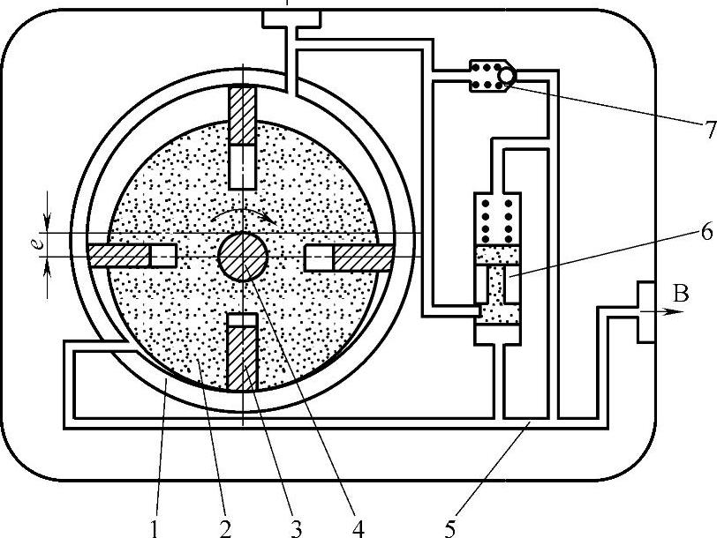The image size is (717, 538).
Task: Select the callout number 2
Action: [224, 528]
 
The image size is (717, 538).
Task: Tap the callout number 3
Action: [296, 528]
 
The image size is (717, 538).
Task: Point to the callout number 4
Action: [358, 528]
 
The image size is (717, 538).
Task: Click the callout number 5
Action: [450, 528]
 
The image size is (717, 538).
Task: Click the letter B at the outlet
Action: [680, 295]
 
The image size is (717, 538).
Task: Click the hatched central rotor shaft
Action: [243, 257]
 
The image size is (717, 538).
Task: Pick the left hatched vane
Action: [120, 256]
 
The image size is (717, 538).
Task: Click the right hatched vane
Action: [362, 257]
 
